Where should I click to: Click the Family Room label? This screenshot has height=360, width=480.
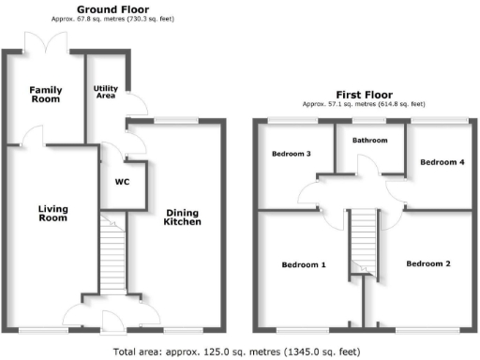(x=45, y=95)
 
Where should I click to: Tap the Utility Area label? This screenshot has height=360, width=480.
(x=105, y=92)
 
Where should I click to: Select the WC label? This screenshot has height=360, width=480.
(x=122, y=182)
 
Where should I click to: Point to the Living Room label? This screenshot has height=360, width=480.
(x=52, y=213)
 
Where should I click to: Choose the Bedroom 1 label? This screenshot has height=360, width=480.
(x=304, y=265)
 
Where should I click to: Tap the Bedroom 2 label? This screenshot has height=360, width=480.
(x=427, y=264)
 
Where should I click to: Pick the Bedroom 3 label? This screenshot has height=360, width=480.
(x=291, y=154)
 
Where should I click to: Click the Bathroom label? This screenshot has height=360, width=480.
(x=369, y=141)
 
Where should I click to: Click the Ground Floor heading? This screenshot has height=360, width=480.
(x=114, y=8)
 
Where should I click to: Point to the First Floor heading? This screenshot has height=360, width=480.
(x=363, y=94)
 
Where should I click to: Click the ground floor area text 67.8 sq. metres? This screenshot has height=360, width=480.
(x=114, y=19)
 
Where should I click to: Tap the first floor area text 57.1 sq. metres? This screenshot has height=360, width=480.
(x=363, y=104)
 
